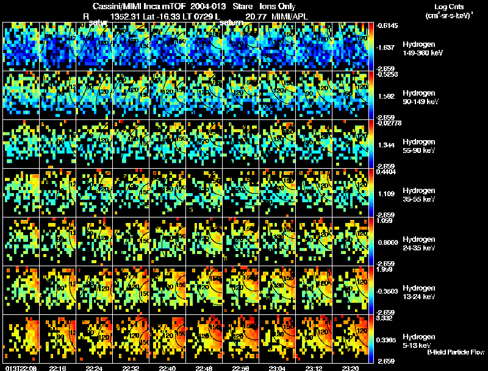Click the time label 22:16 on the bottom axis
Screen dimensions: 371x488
58,368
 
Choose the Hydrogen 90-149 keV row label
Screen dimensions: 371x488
421,97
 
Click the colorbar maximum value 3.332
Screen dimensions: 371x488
388,318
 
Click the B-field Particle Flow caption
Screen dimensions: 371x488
456,353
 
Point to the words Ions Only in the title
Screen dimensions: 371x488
277,7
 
